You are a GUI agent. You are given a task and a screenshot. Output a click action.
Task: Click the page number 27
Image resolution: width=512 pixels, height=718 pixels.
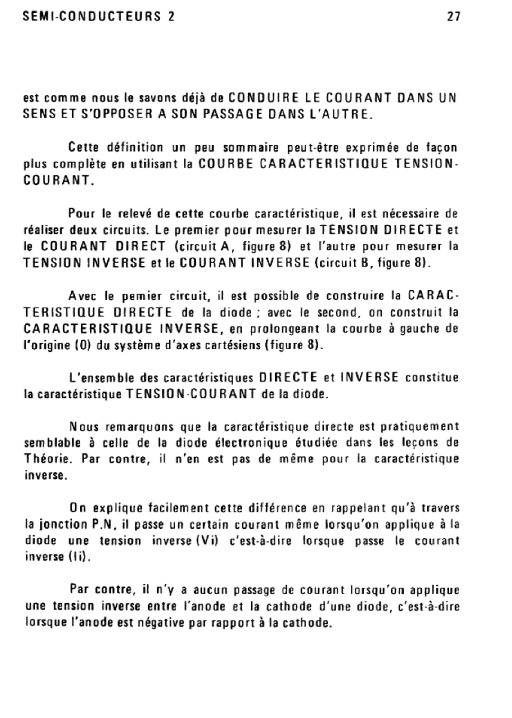tap(453, 16)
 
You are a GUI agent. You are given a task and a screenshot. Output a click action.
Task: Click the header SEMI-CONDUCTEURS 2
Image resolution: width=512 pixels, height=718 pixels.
tap(99, 16)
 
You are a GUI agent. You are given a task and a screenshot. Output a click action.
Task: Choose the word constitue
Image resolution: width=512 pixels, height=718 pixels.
tap(432, 378)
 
